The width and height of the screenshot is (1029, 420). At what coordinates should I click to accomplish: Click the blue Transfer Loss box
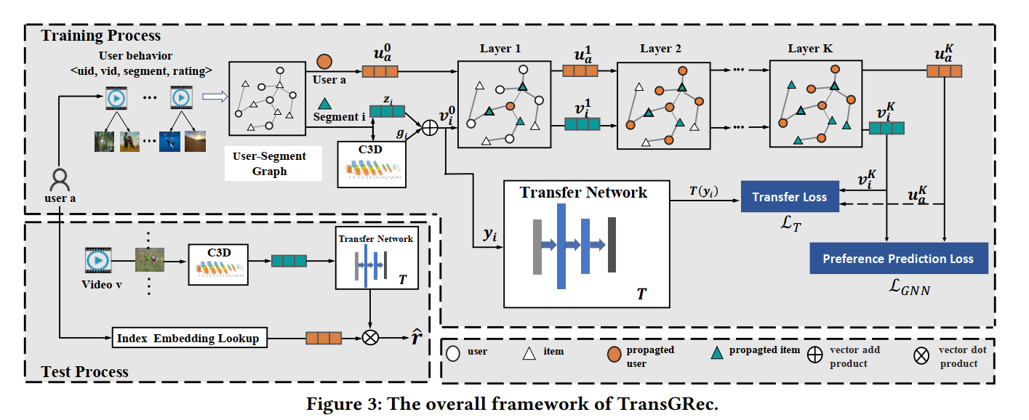[789, 197]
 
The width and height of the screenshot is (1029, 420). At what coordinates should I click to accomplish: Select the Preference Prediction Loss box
[898, 259]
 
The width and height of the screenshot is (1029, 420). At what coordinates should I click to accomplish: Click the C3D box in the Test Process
[218, 262]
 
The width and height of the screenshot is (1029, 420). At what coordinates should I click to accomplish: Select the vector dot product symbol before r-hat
[371, 337]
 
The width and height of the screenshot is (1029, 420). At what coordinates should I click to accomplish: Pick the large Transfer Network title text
[583, 193]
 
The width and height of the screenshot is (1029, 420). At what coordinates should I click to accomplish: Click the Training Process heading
[100, 35]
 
